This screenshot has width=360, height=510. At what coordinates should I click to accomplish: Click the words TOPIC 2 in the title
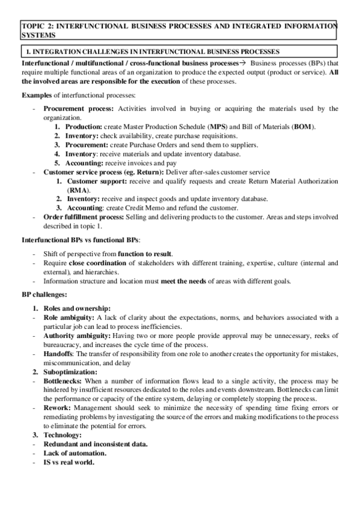(x=37, y=26)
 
